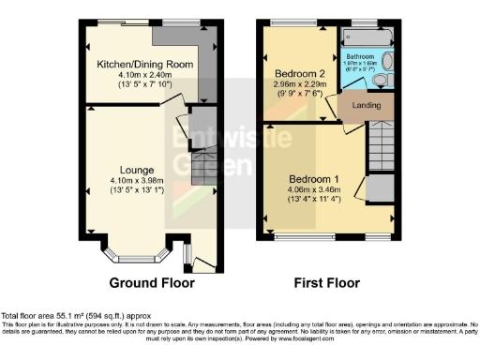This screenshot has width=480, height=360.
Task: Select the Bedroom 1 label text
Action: pos(316,178)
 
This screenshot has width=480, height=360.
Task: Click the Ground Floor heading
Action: pos(152,282)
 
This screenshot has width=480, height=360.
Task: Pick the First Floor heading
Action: pos(329,282)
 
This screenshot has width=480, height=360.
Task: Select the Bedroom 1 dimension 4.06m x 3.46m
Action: pos(316,190)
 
